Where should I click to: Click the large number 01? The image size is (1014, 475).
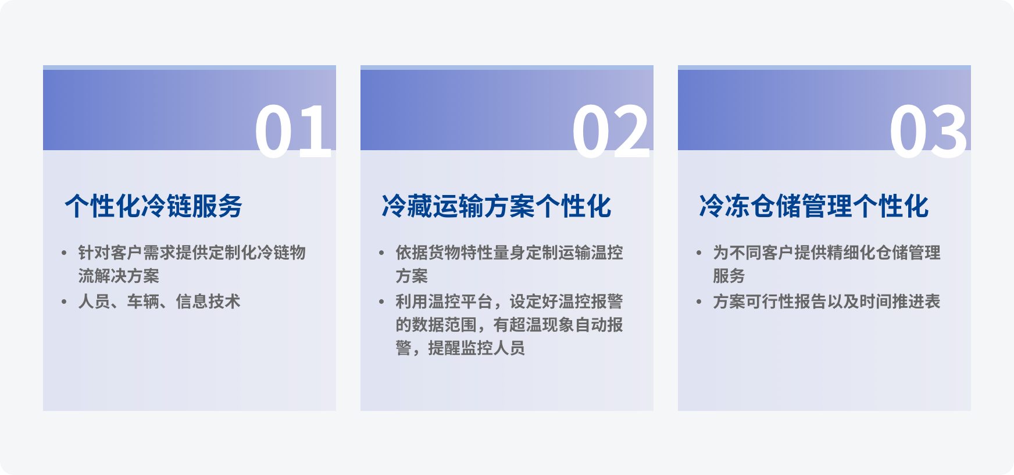pyautogui.click(x=294, y=132)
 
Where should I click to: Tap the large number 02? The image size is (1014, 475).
pyautogui.click(x=610, y=132)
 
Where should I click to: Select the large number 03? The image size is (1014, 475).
pyautogui.click(x=928, y=132)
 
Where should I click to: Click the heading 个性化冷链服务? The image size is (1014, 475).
pyautogui.click(x=153, y=206)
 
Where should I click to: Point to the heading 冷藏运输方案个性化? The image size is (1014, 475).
pyautogui.click(x=497, y=206)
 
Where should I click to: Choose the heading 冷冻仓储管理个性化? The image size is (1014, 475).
pyautogui.click(x=814, y=206)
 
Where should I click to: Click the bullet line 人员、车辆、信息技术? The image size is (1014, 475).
pyautogui.click(x=159, y=302)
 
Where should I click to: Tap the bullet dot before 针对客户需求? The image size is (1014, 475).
pyautogui.click(x=64, y=253)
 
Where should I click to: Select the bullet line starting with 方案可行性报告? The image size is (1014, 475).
pyautogui.click(x=827, y=302)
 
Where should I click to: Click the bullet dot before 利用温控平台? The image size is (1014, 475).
pyautogui.click(x=381, y=302)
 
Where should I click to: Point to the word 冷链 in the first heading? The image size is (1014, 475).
pyautogui.click(x=166, y=206)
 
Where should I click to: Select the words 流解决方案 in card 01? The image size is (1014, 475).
pyautogui.click(x=119, y=276)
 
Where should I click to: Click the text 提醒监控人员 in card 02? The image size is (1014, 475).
pyautogui.click(x=477, y=348)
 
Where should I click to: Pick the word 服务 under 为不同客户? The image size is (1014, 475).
pyautogui.click(x=729, y=276)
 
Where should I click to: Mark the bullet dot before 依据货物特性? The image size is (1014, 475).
pyautogui.click(x=381, y=253)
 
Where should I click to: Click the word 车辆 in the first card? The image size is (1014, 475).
pyautogui.click(x=143, y=302)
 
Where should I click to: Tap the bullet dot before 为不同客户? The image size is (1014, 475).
pyautogui.click(x=699, y=253)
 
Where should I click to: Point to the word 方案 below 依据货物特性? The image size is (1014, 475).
pyautogui.click(x=412, y=276)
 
